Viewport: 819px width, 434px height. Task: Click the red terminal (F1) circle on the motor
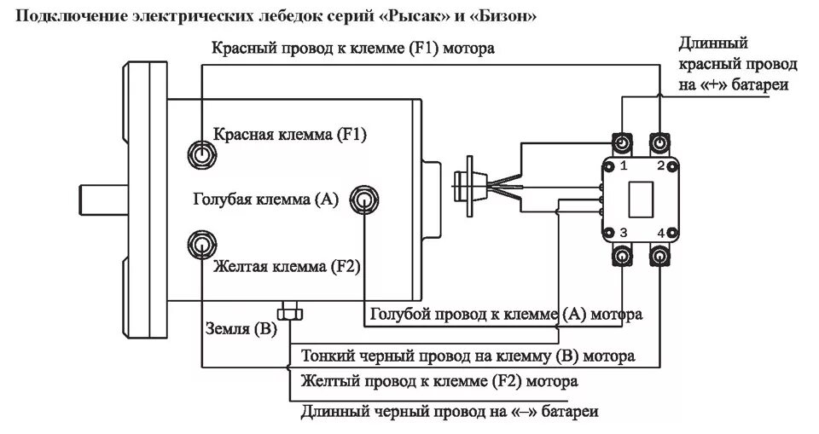pos(200,155)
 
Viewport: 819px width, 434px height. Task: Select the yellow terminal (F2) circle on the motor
pos(200,246)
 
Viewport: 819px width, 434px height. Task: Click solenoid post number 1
pos(623,142)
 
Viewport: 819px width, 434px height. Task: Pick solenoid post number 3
pos(623,257)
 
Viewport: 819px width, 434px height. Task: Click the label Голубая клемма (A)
pos(266,200)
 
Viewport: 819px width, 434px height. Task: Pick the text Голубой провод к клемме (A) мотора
pos(506,315)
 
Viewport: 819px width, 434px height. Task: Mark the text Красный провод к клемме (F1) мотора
pos(353,48)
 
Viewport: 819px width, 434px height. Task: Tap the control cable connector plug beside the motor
pos(470,186)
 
